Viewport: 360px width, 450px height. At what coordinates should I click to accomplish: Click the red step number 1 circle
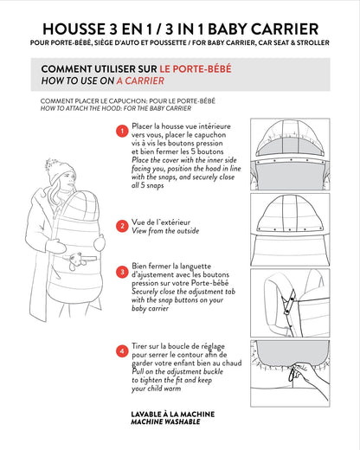pos(122,131)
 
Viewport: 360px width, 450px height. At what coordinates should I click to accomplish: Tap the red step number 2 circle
pos(122,226)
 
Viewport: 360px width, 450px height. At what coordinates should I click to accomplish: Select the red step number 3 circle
pos(122,272)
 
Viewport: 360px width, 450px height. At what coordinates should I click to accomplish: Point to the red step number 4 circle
pos(122,351)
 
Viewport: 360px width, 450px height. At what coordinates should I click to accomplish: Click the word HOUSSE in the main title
pos(74,29)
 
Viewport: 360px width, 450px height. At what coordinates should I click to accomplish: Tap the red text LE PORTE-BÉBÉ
pos(196,69)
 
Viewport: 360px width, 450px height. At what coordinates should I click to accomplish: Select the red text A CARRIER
pos(140,80)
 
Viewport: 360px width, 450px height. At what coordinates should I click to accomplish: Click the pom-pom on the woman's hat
pos(52,164)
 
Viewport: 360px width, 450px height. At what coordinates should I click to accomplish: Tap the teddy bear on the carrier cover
pos(76,260)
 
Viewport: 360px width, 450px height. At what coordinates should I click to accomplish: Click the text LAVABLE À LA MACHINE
pos(173,415)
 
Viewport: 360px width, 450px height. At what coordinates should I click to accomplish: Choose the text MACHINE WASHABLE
pos(165,421)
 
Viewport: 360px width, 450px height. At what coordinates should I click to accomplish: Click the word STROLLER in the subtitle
pos(313,42)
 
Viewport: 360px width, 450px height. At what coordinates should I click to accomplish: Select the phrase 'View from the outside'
pos(165,231)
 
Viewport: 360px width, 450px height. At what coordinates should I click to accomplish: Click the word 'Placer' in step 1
pos(142,126)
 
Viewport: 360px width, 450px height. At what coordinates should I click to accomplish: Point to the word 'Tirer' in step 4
pos(139,346)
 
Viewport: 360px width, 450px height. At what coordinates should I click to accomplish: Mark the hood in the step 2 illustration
pos(290,213)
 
